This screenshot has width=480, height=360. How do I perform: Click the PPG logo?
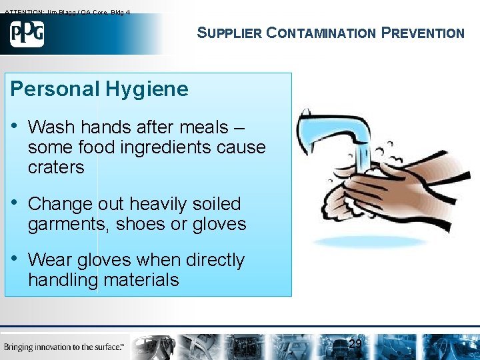pos(27,33)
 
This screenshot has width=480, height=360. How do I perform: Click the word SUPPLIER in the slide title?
pos(229,33)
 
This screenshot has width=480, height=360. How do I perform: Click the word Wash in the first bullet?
pos(51,127)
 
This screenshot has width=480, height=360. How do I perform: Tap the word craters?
pos(56,167)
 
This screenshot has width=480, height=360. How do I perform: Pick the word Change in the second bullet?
pos(60,204)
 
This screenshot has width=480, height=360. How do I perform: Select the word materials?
pos(141,280)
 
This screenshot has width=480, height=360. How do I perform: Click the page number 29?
pos(355,344)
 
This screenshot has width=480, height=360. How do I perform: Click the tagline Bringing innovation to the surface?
pos(64,347)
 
